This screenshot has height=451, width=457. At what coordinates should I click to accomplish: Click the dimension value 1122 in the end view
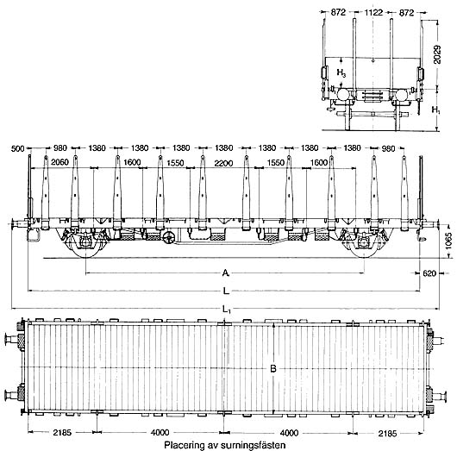[373, 13]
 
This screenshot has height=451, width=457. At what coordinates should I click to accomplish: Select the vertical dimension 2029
[436, 54]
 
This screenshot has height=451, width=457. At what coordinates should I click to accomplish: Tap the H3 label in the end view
[341, 72]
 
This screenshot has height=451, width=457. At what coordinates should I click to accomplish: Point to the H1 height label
[436, 110]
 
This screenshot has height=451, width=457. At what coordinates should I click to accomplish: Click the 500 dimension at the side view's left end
[17, 148]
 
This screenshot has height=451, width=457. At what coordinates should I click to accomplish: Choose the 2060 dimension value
[59, 162]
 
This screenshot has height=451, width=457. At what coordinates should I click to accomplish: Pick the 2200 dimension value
[223, 163]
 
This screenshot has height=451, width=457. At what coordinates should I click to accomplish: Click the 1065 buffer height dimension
[449, 241]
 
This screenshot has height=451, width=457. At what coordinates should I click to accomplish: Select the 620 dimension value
[429, 273]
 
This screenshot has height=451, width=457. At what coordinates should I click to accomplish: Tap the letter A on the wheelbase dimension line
[225, 272]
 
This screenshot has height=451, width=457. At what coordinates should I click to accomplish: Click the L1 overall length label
[227, 309]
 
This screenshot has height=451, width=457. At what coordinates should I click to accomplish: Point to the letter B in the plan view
[272, 369]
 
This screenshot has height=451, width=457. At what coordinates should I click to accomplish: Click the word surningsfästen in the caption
[253, 445]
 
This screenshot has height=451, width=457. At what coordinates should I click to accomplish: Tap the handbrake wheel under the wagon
[169, 238]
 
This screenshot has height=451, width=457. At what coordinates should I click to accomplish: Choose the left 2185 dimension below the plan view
[62, 433]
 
